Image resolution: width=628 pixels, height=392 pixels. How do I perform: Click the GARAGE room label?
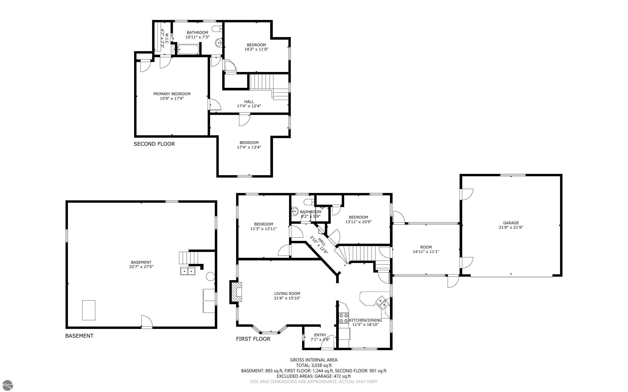pyautogui.click(x=511, y=223)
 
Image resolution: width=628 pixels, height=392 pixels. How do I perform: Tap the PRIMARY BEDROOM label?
pyautogui.click(x=172, y=94)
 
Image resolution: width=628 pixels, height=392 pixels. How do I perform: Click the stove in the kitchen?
pyautogui.click(x=344, y=318)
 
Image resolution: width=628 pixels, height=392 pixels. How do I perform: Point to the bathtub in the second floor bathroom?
pyautogui.click(x=188, y=49)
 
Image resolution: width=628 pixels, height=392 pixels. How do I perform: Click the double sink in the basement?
pyautogui.click(x=187, y=271)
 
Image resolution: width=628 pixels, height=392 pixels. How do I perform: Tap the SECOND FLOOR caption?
pyautogui.click(x=154, y=144)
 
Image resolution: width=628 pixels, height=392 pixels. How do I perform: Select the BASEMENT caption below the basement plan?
pyautogui.click(x=79, y=336)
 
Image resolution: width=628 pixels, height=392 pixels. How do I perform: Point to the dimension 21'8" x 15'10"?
pyautogui.click(x=287, y=298)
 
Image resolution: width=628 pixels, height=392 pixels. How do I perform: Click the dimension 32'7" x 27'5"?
pyautogui.click(x=141, y=266)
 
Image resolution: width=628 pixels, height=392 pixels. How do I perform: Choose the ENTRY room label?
pyautogui.click(x=320, y=335)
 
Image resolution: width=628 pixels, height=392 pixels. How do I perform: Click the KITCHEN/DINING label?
pyautogui.click(x=365, y=320)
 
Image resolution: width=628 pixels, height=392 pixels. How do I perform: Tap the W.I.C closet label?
pyautogui.click(x=167, y=38)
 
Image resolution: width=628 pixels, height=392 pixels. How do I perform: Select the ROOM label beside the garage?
pyautogui.click(x=426, y=247)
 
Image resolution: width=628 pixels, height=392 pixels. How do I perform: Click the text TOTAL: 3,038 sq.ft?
pyautogui.click(x=314, y=365)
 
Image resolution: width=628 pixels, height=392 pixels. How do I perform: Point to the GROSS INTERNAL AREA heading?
pyautogui.click(x=314, y=360)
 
